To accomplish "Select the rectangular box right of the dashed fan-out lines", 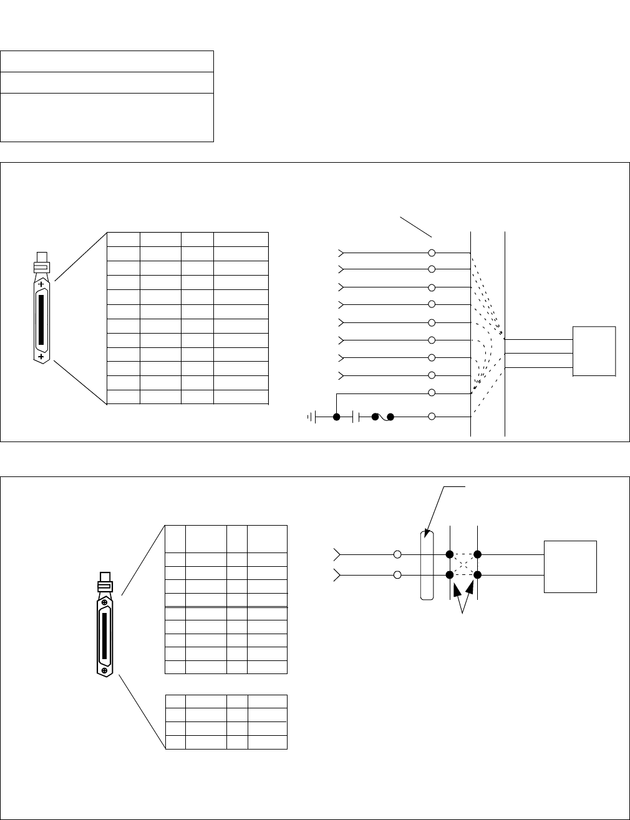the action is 594,351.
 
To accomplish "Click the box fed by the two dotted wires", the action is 571,566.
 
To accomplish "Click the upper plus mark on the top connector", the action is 42,284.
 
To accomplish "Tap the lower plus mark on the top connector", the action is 42,357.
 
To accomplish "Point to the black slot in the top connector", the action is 42,320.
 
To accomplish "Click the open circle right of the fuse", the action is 432,417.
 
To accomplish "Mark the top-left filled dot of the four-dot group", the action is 449,554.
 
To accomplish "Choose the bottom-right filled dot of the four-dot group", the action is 477,574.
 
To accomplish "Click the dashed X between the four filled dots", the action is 463,564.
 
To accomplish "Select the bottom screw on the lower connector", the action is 105,671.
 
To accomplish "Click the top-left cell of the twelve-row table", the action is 124,239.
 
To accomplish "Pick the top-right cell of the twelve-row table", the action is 241,239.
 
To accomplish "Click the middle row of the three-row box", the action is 107,82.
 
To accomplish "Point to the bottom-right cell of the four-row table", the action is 268,742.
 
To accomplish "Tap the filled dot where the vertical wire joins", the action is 337,417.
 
